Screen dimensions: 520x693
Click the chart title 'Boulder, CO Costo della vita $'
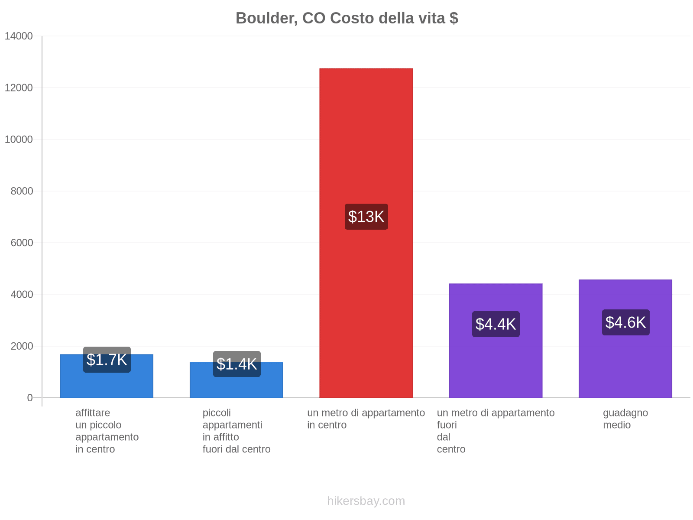(x=346, y=18)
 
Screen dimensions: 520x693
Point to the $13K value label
(x=366, y=217)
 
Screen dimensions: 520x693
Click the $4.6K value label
(x=625, y=322)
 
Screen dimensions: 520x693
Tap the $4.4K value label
(x=495, y=324)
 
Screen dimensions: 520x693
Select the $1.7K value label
(x=107, y=360)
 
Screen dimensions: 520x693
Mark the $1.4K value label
(x=236, y=364)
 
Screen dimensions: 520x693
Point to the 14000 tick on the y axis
(x=19, y=36)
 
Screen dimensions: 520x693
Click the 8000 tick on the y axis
(x=22, y=191)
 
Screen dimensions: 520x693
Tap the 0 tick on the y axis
(x=30, y=398)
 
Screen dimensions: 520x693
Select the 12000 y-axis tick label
(x=19, y=88)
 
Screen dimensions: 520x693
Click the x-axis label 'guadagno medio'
(x=625, y=419)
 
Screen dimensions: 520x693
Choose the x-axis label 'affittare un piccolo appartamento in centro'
(x=107, y=431)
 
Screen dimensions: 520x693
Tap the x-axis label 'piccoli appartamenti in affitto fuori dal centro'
(x=236, y=431)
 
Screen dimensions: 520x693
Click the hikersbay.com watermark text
(x=366, y=501)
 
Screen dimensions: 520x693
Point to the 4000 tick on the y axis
(x=22, y=295)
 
